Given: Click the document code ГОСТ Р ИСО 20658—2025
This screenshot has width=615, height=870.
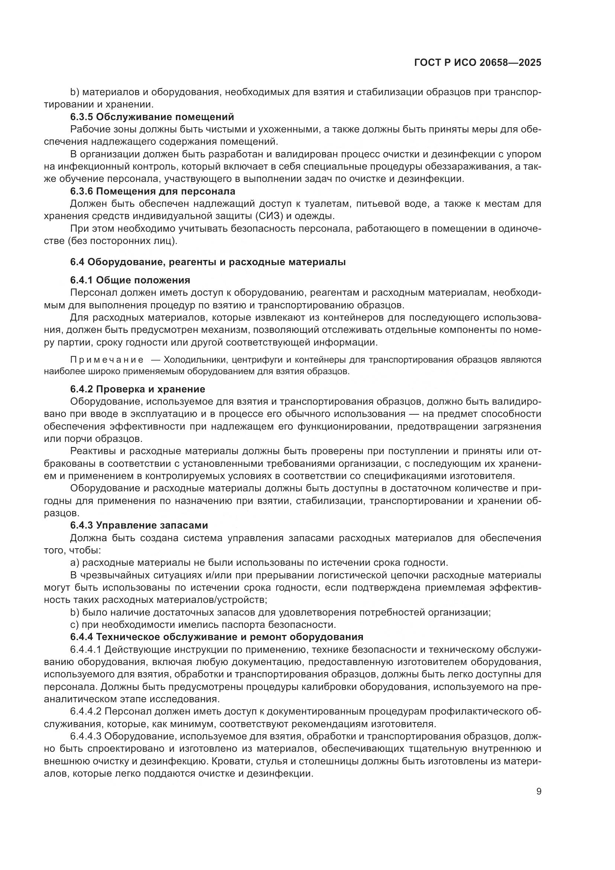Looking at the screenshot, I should click(x=477, y=63).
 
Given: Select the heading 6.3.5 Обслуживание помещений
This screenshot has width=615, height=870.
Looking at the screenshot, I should click(x=152, y=117).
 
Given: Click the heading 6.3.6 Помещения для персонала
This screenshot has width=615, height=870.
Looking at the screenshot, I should click(x=152, y=191).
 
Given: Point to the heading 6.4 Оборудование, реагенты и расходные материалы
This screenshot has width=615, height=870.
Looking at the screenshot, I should click(x=208, y=262).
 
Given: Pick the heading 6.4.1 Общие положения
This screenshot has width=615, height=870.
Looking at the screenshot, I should click(x=130, y=280).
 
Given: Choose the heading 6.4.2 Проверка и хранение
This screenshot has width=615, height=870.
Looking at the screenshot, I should click(x=138, y=389).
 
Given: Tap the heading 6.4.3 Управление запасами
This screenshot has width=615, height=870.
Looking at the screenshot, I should click(x=139, y=525).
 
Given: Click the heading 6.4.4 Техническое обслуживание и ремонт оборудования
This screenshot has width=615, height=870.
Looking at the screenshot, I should click(x=217, y=636).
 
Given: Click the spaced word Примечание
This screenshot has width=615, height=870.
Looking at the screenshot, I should click(x=107, y=360).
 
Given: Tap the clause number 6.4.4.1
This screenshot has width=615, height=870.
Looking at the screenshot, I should click(x=86, y=649).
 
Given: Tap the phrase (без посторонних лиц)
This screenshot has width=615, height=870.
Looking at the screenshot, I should click(x=123, y=241).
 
